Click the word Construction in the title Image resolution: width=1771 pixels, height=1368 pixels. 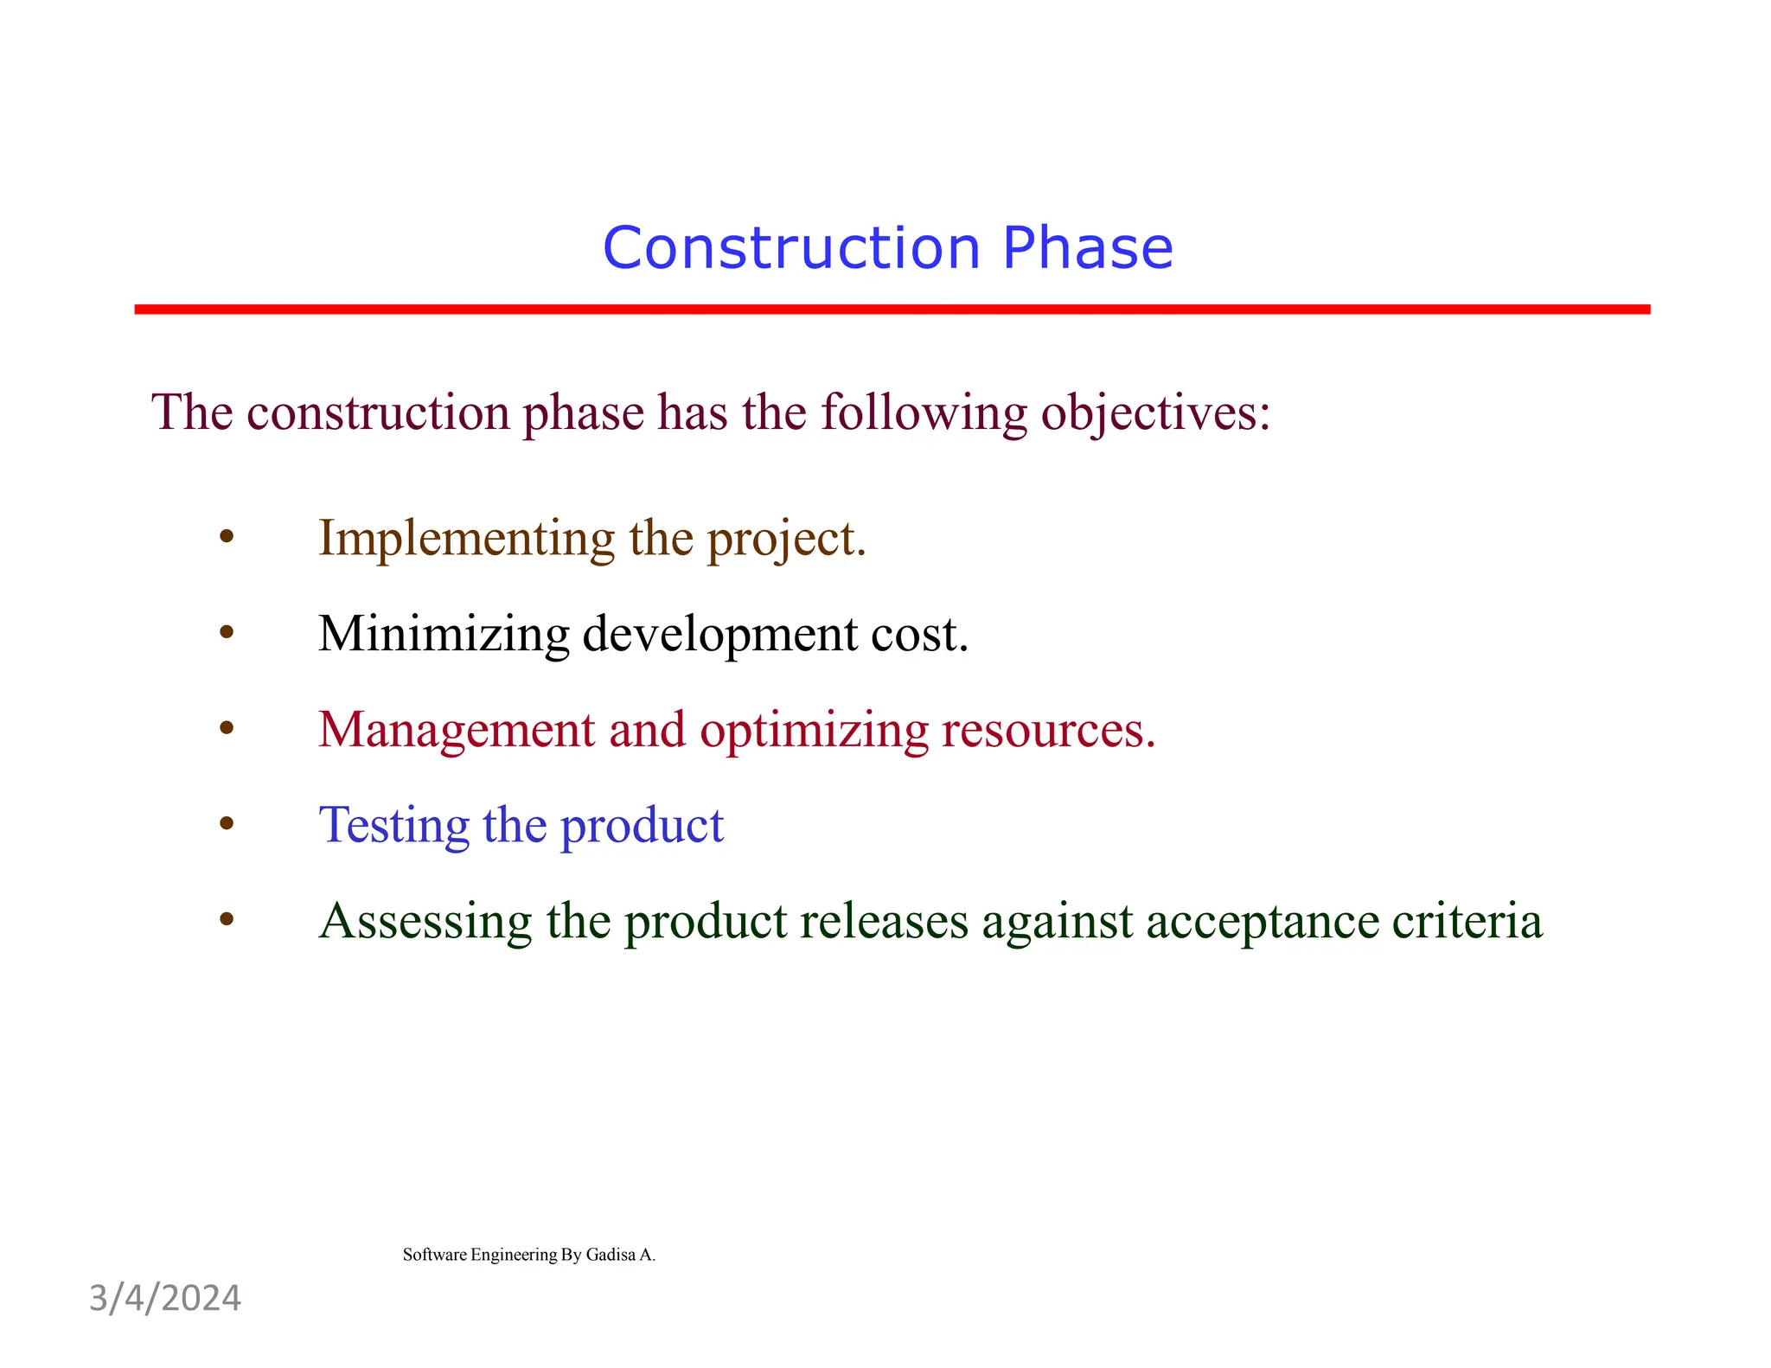(790, 248)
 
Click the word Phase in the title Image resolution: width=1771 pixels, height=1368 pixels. (1087, 248)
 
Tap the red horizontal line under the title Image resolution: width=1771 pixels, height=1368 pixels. (891, 310)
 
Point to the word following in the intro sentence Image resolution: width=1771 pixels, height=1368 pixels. (924, 413)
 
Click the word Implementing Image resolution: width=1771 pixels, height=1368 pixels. (466, 540)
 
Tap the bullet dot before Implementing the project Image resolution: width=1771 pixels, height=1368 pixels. (227, 538)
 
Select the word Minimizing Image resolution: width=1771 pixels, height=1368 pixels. (443, 634)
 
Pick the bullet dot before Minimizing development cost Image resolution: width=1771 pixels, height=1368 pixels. (227, 634)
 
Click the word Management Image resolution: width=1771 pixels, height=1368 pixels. (457, 731)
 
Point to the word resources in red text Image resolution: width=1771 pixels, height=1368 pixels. (1047, 731)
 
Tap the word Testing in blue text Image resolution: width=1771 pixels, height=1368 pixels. (393, 827)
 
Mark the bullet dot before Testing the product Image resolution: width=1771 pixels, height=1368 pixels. (227, 824)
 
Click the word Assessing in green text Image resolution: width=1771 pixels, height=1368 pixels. (425, 922)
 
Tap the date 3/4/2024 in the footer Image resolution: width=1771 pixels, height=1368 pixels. (165, 1299)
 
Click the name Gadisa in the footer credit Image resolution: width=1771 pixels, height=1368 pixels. (611, 1255)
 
